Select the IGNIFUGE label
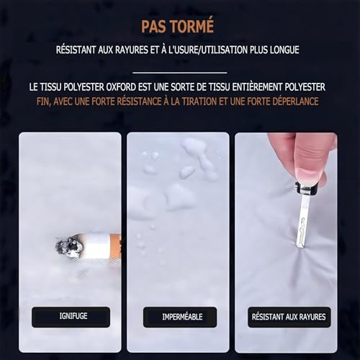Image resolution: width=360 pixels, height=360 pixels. point(71,317)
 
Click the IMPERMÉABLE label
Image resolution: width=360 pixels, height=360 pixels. point(180,317)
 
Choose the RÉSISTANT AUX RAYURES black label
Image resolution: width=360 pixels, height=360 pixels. point(289,317)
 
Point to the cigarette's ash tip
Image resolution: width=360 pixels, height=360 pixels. point(68,246)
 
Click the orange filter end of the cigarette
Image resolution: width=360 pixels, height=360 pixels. point(114,248)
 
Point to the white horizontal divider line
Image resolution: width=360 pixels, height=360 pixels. point(180,73)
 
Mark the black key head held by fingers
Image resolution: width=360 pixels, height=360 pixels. point(304,189)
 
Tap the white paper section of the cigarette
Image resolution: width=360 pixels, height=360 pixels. point(96,247)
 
